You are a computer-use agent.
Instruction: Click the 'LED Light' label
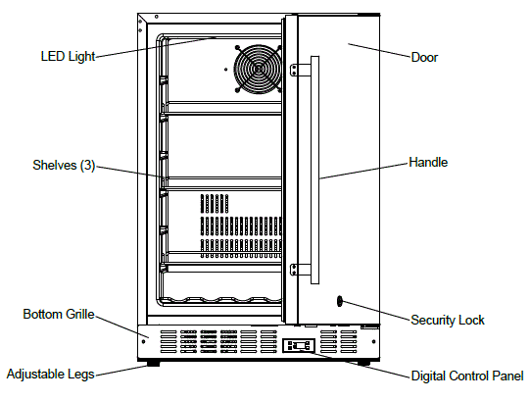pos(68,56)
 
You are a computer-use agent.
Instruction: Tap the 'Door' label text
pos(424,57)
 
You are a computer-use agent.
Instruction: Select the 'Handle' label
pos(428,162)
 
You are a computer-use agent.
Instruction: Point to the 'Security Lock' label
pos(448,320)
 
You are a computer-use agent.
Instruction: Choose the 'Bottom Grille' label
pos(58,315)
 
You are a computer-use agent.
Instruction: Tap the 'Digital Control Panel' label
pos(466,376)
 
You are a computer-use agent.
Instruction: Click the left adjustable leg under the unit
pos(152,364)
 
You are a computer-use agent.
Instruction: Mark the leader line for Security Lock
pos(377,310)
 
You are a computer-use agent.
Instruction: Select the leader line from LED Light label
pos(157,46)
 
